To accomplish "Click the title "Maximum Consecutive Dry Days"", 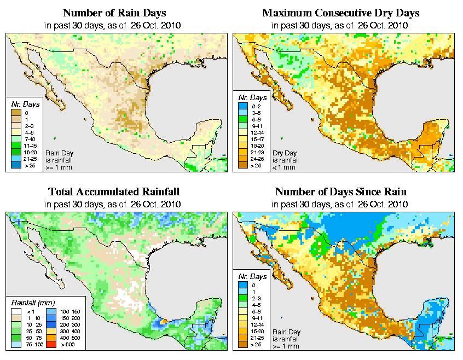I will (341, 13).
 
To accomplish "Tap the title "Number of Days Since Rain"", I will (341, 191).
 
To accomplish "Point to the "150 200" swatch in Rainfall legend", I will (50, 318).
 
